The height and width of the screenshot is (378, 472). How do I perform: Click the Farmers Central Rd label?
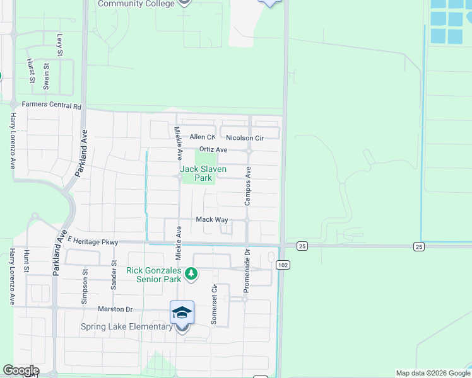click(52, 106)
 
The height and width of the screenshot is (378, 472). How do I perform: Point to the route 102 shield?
click(283, 265)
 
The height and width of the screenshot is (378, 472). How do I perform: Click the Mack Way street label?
click(211, 219)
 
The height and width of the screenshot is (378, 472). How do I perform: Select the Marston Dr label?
click(115, 309)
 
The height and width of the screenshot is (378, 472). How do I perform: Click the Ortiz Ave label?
click(213, 149)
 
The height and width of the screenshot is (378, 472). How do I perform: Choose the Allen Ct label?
click(203, 137)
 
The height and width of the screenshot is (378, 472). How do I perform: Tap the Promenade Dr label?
click(247, 273)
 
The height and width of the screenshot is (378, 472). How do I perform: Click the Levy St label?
click(61, 45)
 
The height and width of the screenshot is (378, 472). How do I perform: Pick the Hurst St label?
click(30, 71)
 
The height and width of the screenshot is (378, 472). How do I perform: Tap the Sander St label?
click(114, 275)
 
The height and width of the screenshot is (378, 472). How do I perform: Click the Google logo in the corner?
click(21, 370)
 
